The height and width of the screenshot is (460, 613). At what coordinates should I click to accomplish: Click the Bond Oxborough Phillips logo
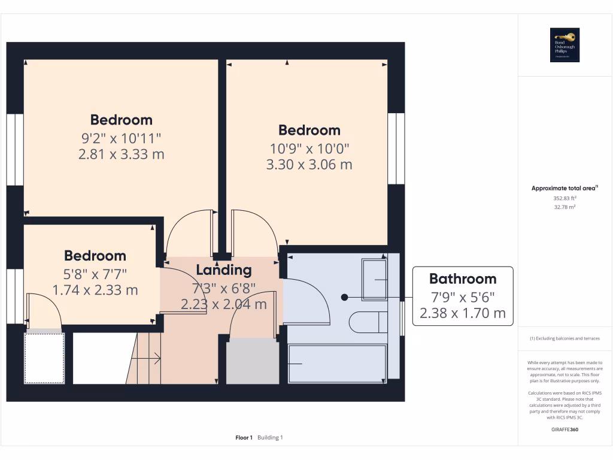click(565, 46)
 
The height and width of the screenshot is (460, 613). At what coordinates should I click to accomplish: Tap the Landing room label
click(224, 270)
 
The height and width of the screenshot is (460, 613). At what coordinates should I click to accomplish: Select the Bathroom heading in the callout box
click(462, 279)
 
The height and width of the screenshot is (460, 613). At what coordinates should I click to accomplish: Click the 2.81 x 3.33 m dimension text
click(121, 155)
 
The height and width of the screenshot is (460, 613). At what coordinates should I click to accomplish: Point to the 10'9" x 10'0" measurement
click(309, 147)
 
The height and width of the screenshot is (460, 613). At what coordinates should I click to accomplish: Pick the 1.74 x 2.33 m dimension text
click(95, 290)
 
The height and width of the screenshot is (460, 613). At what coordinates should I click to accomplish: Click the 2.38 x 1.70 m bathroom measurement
click(462, 313)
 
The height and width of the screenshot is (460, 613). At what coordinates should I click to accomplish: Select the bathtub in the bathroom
click(337, 363)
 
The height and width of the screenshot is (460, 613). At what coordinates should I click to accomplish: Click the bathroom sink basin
click(375, 280)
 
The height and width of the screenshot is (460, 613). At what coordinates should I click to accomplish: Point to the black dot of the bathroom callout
click(344, 297)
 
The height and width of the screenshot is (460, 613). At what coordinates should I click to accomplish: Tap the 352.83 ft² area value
click(565, 198)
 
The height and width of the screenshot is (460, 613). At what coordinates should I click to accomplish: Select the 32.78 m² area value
click(565, 207)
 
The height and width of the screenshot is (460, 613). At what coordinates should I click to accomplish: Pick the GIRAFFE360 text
click(565, 429)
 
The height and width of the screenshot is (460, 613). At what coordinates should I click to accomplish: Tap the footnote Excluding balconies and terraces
click(565, 338)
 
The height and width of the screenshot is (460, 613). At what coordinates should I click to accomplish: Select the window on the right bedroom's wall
click(395, 148)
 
